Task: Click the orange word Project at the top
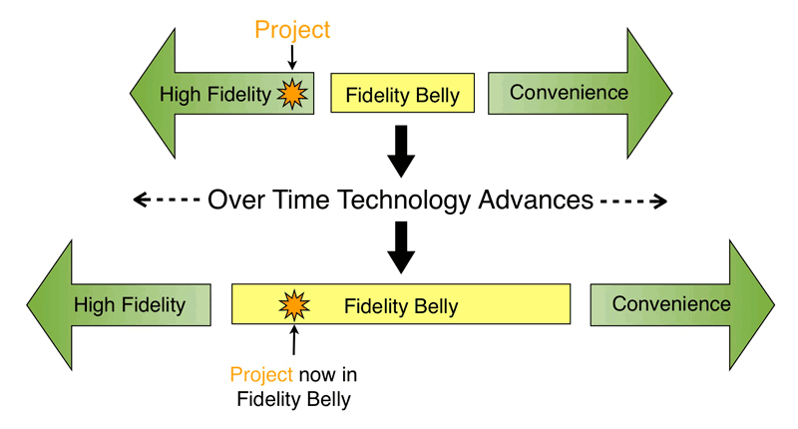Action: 292,31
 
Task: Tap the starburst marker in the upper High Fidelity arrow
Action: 292,94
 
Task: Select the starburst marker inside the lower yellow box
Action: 294,305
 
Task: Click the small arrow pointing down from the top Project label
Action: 292,57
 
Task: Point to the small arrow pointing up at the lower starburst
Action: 294,340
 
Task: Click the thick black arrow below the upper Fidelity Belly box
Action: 401,151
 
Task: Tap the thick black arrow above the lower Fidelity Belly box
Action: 401,247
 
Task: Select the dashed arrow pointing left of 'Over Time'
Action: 167,200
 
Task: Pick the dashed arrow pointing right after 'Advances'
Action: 633,201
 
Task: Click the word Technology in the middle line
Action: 405,201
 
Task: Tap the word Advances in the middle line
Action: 536,200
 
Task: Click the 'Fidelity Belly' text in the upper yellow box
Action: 403,95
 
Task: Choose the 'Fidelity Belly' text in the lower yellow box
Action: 401,306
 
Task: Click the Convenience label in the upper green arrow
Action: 569,93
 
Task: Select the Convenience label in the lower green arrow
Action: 671,304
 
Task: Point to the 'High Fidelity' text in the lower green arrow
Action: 130,305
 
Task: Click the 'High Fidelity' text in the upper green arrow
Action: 215,95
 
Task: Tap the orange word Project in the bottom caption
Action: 261,375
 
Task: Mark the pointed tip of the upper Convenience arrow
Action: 672,93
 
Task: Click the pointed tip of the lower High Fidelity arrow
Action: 27,305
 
